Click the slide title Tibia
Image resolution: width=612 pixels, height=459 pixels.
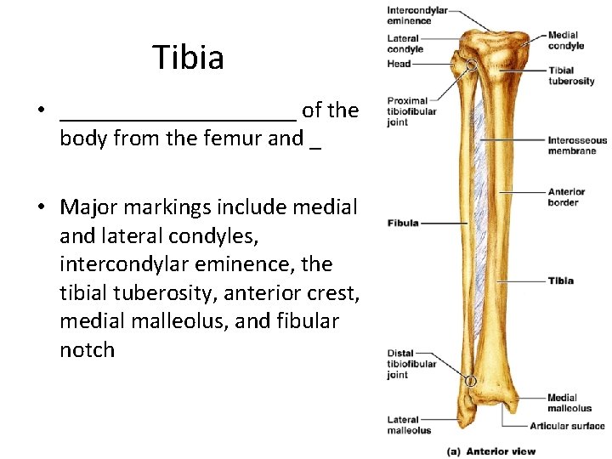pyautogui.click(x=189, y=58)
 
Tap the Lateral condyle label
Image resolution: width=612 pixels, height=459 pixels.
pyautogui.click(x=405, y=43)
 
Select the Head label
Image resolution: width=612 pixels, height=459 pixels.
pyautogui.click(x=399, y=64)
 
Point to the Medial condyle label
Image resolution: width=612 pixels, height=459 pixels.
pyautogui.click(x=566, y=41)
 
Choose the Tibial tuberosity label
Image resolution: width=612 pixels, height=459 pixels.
pyautogui.click(x=571, y=76)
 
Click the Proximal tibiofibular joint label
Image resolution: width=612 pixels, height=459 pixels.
pyautogui.click(x=411, y=111)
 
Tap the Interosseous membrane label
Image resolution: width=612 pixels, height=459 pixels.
pyautogui.click(x=577, y=145)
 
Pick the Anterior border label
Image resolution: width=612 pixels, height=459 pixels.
pyautogui.click(x=566, y=197)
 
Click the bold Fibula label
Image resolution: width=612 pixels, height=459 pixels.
pyautogui.click(x=403, y=223)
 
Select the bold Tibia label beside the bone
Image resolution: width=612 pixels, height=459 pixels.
pyautogui.click(x=561, y=280)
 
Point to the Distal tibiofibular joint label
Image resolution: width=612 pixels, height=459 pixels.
pyautogui.click(x=411, y=364)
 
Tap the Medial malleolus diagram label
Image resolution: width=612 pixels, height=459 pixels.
pyautogui.click(x=569, y=403)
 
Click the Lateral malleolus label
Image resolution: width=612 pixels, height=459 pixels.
pyautogui.click(x=409, y=425)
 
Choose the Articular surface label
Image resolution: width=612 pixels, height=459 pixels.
pyautogui.click(x=567, y=426)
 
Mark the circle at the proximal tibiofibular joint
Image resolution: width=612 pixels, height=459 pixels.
pyautogui.click(x=470, y=65)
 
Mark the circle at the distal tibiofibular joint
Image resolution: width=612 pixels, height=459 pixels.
pyautogui.click(x=470, y=382)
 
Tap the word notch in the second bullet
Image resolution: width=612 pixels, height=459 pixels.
pyautogui.click(x=87, y=349)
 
